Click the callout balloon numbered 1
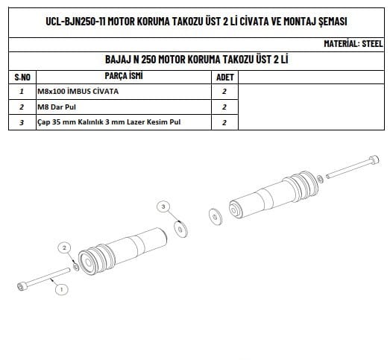click(61, 289)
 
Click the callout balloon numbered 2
click(64, 247)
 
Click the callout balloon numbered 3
click(163, 206)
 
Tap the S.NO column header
click(22, 77)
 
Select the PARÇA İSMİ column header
click(124, 76)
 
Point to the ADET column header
click(225, 77)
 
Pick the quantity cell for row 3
click(224, 122)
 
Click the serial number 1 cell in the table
click(22, 91)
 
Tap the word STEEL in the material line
click(372, 43)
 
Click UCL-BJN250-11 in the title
click(75, 21)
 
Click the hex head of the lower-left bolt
click(22, 286)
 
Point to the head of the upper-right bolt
click(374, 160)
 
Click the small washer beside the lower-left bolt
click(75, 267)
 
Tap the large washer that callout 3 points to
click(180, 229)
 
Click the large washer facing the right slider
click(216, 217)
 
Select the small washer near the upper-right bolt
click(320, 179)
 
